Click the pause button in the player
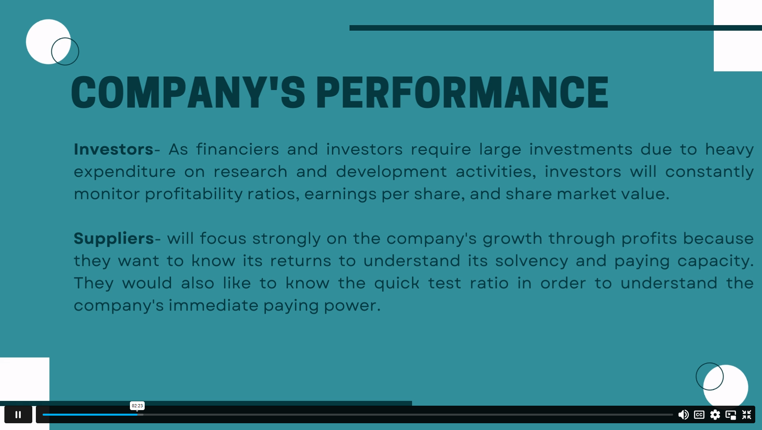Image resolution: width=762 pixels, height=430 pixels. [x=18, y=414]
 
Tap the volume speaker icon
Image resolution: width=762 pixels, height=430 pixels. [x=683, y=415]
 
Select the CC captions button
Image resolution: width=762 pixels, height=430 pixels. [x=699, y=415]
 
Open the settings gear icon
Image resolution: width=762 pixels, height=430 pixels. [x=715, y=415]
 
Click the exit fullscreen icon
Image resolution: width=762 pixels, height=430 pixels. [x=746, y=415]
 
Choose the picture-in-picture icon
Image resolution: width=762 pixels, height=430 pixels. [x=731, y=415]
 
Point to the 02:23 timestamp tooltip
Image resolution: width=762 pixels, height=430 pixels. [x=137, y=406]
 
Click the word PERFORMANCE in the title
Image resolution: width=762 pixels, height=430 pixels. [x=462, y=92]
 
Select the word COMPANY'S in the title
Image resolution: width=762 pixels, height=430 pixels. [x=188, y=92]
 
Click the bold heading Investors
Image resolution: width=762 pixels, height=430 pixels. [x=114, y=149]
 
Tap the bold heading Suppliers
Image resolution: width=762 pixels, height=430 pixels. [x=114, y=239]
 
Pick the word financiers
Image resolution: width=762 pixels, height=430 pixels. [x=238, y=149]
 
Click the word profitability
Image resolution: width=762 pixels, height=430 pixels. [x=194, y=194]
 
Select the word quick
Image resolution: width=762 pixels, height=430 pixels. [x=397, y=283]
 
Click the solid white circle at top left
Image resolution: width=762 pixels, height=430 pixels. [x=48, y=41]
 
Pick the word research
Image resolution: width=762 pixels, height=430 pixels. [x=250, y=172]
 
